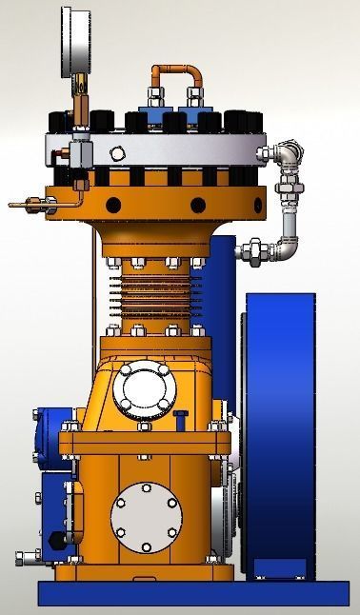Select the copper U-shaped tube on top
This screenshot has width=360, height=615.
click(174, 71)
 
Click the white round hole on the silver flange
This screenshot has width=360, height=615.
click(117, 152)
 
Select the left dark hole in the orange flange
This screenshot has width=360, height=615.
click(114, 205)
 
